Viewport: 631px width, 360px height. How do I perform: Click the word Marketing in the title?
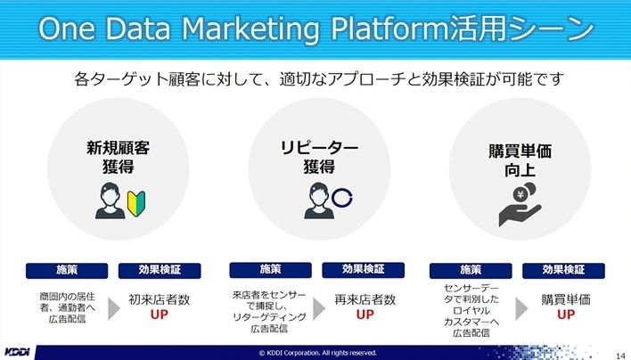pyautogui.click(x=250, y=29)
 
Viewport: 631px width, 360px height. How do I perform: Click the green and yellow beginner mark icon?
pyautogui.click(x=136, y=204)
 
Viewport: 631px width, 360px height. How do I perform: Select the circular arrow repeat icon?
pyautogui.click(x=342, y=198)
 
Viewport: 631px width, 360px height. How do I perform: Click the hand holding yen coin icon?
pyautogui.click(x=520, y=204)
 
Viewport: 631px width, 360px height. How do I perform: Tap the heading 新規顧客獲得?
pyautogui.click(x=118, y=157)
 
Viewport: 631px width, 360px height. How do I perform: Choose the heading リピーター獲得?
pyautogui.click(x=319, y=157)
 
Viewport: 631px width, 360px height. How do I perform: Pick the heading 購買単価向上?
pyautogui.click(x=520, y=160)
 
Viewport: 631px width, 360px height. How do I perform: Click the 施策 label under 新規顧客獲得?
pyautogui.click(x=67, y=270)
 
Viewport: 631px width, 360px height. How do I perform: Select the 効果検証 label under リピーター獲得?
pyautogui.click(x=363, y=270)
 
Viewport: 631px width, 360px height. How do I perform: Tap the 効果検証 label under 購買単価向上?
pyautogui.click(x=563, y=270)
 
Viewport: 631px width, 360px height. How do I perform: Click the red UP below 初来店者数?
pyautogui.click(x=159, y=315)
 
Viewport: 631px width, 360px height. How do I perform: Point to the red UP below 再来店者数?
pyautogui.click(x=365, y=315)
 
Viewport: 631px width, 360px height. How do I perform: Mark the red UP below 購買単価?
pyautogui.click(x=566, y=315)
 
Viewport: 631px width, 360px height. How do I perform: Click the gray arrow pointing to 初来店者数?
pyautogui.click(x=114, y=309)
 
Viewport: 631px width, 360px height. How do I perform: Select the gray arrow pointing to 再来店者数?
pyautogui.click(x=319, y=309)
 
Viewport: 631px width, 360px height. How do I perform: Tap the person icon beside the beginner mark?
pyautogui.click(x=111, y=200)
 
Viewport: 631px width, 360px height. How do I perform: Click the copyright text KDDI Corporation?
pyautogui.click(x=317, y=353)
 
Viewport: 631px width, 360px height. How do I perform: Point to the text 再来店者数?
pyautogui.click(x=365, y=299)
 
